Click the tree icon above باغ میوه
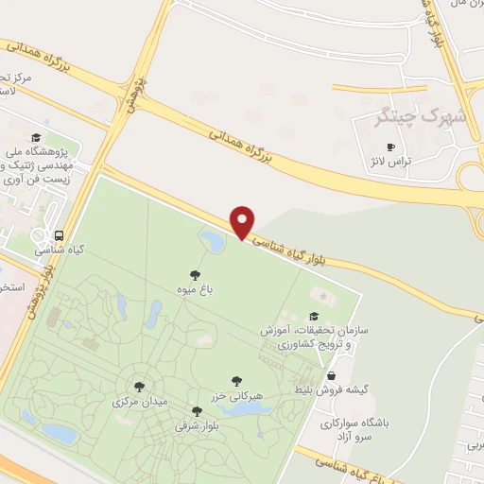[195, 274]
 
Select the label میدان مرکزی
[139, 401]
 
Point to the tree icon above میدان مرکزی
[140, 387]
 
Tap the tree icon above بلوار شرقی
[197, 410]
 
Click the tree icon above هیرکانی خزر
[236, 380]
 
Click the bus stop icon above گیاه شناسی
[60, 236]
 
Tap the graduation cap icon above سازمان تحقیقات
[314, 317]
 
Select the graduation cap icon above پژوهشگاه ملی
[35, 138]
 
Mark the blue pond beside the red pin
[213, 241]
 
